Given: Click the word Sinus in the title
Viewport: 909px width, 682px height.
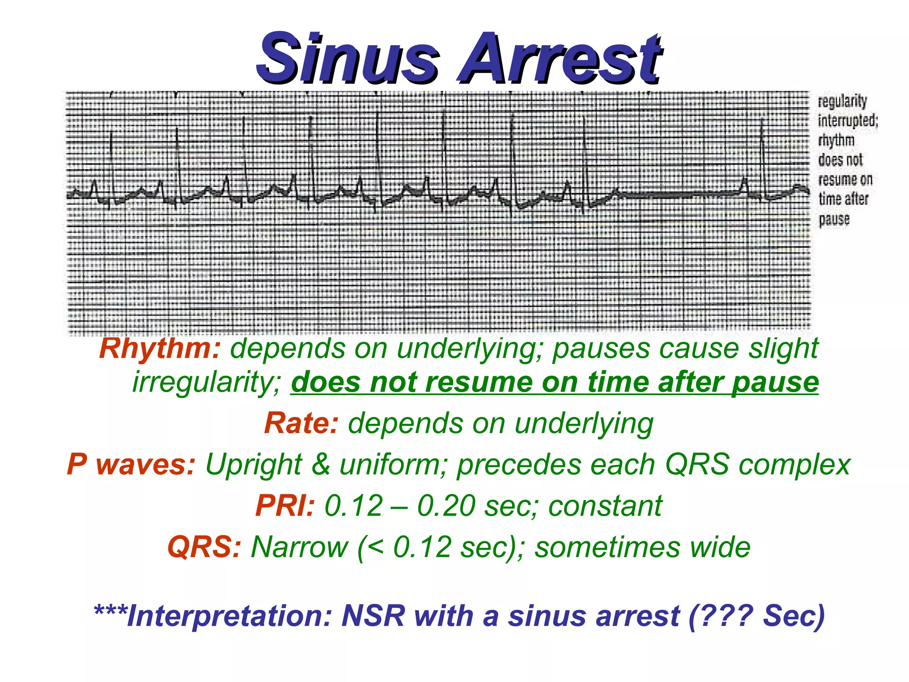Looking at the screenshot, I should pyautogui.click(x=348, y=59).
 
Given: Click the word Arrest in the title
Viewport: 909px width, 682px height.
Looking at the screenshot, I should pyautogui.click(x=560, y=59).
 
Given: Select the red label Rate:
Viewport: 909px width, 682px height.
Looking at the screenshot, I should pyautogui.click(x=301, y=423).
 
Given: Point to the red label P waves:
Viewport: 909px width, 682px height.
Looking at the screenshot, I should pyautogui.click(x=131, y=464).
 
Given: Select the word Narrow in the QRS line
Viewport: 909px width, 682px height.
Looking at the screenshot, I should pyautogui.click(x=300, y=547).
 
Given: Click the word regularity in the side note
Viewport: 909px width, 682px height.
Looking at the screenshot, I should pyautogui.click(x=842, y=102).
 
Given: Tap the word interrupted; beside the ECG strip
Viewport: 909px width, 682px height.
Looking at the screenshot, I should pyautogui.click(x=847, y=121).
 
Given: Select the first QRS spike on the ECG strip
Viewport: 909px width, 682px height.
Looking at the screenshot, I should pyautogui.click(x=111, y=164).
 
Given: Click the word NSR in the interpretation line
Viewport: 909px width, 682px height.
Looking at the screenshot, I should pyautogui.click(x=373, y=616).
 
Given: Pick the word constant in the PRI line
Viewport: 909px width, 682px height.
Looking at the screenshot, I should pyautogui.click(x=605, y=506).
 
